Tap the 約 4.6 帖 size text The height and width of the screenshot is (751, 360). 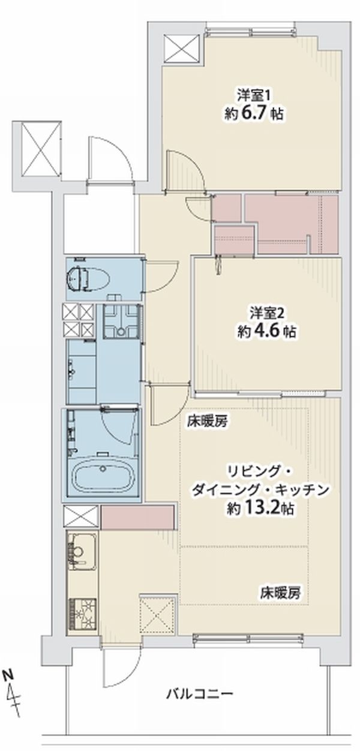point(266,332)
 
